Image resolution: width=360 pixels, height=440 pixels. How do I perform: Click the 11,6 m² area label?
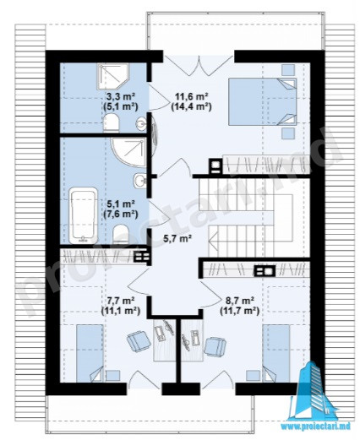[192, 96]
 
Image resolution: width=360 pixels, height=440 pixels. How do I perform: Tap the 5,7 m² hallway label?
[177, 239]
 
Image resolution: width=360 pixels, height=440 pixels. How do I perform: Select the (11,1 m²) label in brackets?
[121, 310]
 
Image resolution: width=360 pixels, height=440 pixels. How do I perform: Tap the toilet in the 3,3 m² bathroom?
[112, 123]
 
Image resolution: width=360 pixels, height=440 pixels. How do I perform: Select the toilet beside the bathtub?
[121, 234]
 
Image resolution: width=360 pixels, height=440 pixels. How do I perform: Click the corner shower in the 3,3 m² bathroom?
[112, 77]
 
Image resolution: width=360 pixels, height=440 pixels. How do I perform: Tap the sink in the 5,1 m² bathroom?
[139, 181]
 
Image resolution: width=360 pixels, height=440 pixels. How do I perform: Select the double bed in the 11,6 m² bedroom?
[263, 101]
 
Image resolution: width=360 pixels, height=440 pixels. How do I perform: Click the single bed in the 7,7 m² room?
[90, 353]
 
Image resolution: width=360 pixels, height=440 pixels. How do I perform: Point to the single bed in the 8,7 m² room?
[276, 353]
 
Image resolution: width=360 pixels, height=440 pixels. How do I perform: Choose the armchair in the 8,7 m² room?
[215, 346]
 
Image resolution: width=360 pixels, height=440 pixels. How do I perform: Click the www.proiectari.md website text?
[318, 426]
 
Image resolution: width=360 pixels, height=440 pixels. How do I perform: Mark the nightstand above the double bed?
[288, 70]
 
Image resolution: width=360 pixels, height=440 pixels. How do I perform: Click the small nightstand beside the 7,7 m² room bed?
[113, 376]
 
